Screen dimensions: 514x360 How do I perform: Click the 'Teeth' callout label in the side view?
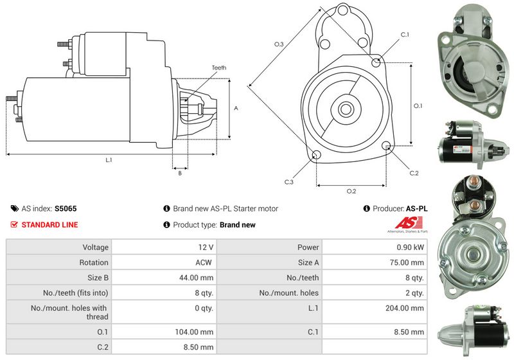219,67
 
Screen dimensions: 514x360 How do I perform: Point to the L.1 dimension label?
109,160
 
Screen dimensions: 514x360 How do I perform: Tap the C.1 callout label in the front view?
405,35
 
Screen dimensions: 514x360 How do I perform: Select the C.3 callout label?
288,182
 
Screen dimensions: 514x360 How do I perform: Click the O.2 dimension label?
351,191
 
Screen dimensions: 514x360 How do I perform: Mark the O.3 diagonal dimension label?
279,44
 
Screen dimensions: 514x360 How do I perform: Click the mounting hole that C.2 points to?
387,145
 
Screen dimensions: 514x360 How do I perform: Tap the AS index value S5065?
66,208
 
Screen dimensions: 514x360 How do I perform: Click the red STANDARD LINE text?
50,225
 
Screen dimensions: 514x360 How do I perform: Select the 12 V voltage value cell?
206,248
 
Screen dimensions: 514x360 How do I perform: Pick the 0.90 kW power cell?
410,248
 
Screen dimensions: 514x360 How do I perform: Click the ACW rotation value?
204,262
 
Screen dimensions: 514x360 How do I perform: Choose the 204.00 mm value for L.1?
405,308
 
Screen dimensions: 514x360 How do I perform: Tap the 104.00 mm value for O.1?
194,332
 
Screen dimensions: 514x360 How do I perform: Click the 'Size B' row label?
98,278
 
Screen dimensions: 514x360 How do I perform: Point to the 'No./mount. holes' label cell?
288,292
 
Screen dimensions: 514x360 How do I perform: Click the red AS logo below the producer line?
407,223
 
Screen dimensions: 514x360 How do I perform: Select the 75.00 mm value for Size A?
407,262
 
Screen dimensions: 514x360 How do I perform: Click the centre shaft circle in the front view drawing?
346,109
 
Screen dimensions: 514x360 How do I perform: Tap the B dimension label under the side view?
180,173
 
